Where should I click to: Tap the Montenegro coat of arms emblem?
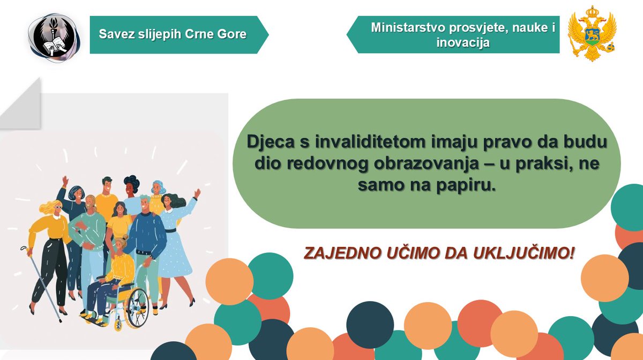[592, 33]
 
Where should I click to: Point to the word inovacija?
[463, 42]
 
